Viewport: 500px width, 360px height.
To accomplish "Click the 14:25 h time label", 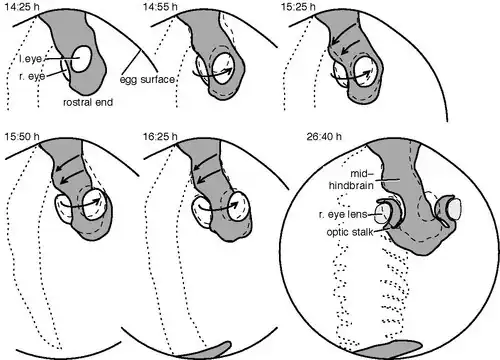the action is (x=22, y=7).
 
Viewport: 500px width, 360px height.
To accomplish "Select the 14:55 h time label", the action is (x=160, y=7).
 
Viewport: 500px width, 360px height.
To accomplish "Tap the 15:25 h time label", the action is (x=298, y=7).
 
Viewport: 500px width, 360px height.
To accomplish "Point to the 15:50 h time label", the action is (x=22, y=136).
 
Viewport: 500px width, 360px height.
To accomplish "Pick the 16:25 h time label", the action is (x=160, y=136).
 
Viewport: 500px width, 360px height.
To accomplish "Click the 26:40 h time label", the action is (x=324, y=136).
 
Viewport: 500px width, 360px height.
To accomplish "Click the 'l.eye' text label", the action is (x=31, y=59).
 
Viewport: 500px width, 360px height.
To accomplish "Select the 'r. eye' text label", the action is (x=32, y=76).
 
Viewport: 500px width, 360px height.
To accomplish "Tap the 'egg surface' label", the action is (x=147, y=79).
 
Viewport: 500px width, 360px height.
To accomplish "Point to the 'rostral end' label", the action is (x=88, y=102).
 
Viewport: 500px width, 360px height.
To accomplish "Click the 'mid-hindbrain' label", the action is (x=351, y=179).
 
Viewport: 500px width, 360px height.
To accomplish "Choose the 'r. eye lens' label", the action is (x=343, y=215).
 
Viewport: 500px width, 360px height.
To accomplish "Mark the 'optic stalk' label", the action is (x=350, y=232).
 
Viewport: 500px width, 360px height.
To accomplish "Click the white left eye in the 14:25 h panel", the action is (x=81, y=59).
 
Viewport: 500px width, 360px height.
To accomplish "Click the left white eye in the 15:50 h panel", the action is (x=63, y=208).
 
